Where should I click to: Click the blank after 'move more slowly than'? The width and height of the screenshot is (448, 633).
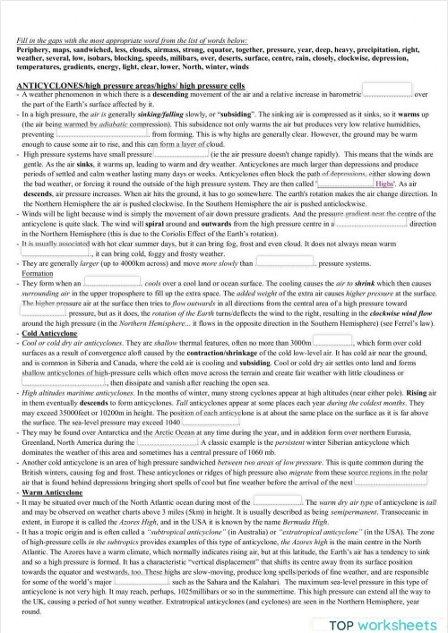pos(284,262)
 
